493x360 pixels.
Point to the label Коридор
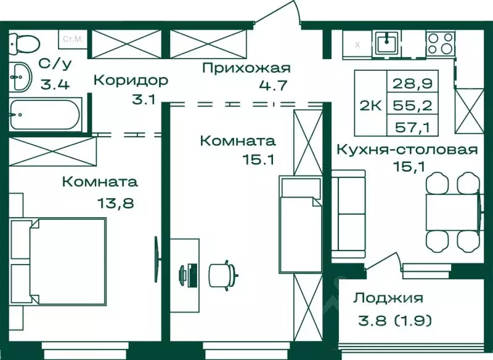[131, 81]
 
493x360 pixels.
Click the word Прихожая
[246, 68]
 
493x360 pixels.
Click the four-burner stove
[440, 43]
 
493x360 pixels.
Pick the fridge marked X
[357, 44]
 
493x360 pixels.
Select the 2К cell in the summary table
[370, 105]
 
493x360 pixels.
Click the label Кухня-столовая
[407, 150]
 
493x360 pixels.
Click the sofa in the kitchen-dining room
[349, 213]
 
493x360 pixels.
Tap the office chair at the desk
[222, 273]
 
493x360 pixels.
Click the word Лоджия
[388, 298]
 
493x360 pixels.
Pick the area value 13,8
[115, 201]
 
